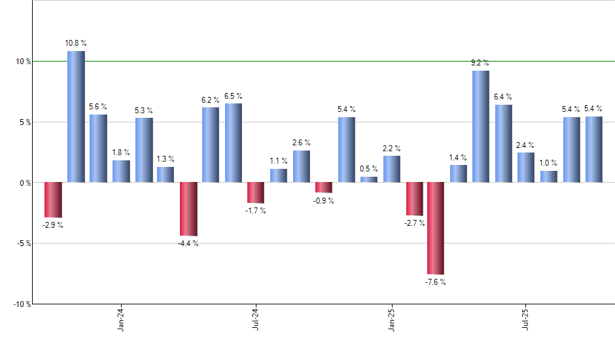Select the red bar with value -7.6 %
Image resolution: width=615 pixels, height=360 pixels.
click(436, 228)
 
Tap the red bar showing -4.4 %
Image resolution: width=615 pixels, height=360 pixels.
click(188, 208)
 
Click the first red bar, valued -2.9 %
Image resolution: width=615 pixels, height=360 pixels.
click(53, 200)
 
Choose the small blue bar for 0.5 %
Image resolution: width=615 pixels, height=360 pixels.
click(369, 179)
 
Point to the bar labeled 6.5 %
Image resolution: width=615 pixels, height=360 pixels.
click(234, 143)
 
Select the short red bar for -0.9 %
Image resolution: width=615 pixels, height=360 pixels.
click(324, 187)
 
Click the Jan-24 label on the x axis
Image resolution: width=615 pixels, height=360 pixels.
click(121, 319)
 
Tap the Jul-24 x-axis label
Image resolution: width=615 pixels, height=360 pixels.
click(256, 319)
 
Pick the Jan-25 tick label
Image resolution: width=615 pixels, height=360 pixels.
click(392, 319)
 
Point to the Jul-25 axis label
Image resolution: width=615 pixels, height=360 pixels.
click(527, 319)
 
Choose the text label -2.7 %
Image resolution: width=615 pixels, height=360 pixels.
click(414, 223)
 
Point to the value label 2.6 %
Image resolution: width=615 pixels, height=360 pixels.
click(302, 143)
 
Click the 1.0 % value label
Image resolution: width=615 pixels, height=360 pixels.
click(549, 163)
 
